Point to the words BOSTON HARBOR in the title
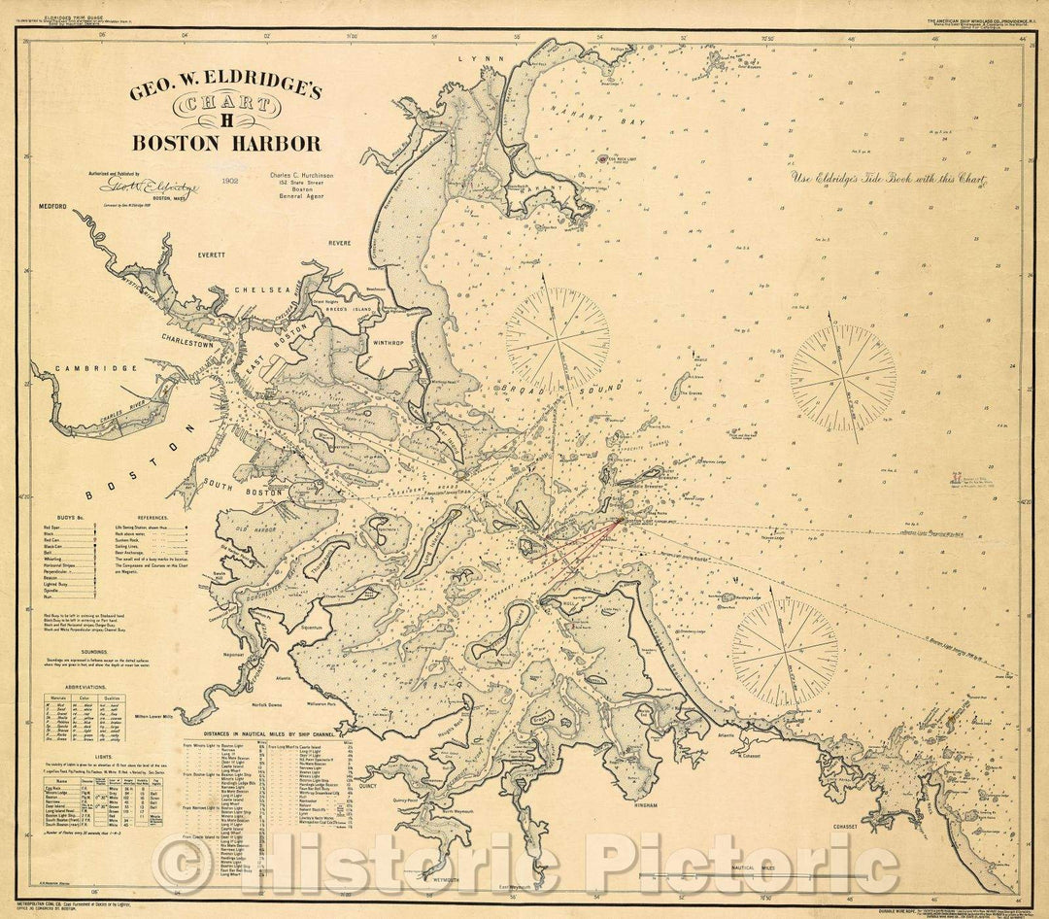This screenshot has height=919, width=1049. coord(226,144)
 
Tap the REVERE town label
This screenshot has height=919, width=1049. coord(339,243)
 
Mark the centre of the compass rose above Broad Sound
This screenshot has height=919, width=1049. coord(558,340)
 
